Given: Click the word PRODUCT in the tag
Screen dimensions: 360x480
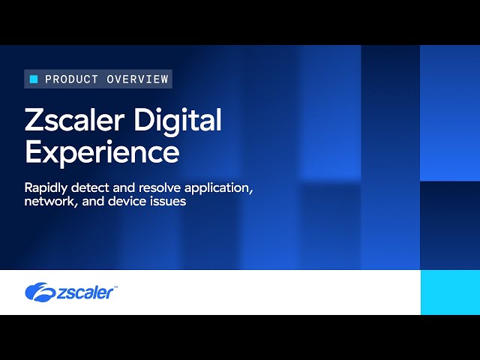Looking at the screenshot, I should pyautogui.click(x=70, y=79).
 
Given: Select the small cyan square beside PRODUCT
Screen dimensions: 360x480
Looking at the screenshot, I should pyautogui.click(x=34, y=79).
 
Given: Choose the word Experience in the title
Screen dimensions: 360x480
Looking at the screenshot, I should pyautogui.click(x=102, y=151).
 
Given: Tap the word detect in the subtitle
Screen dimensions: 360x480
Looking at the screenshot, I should pyautogui.click(x=94, y=187).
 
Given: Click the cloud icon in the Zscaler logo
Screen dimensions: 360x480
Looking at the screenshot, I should pyautogui.click(x=38, y=292).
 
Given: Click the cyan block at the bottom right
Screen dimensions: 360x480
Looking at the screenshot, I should pyautogui.click(x=449, y=292).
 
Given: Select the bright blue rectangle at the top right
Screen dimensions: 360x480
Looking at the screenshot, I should pyautogui.click(x=449, y=112).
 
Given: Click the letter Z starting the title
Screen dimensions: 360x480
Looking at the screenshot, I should pyautogui.click(x=34, y=121).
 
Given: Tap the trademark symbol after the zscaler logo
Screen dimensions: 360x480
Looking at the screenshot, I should pyautogui.click(x=115, y=286).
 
